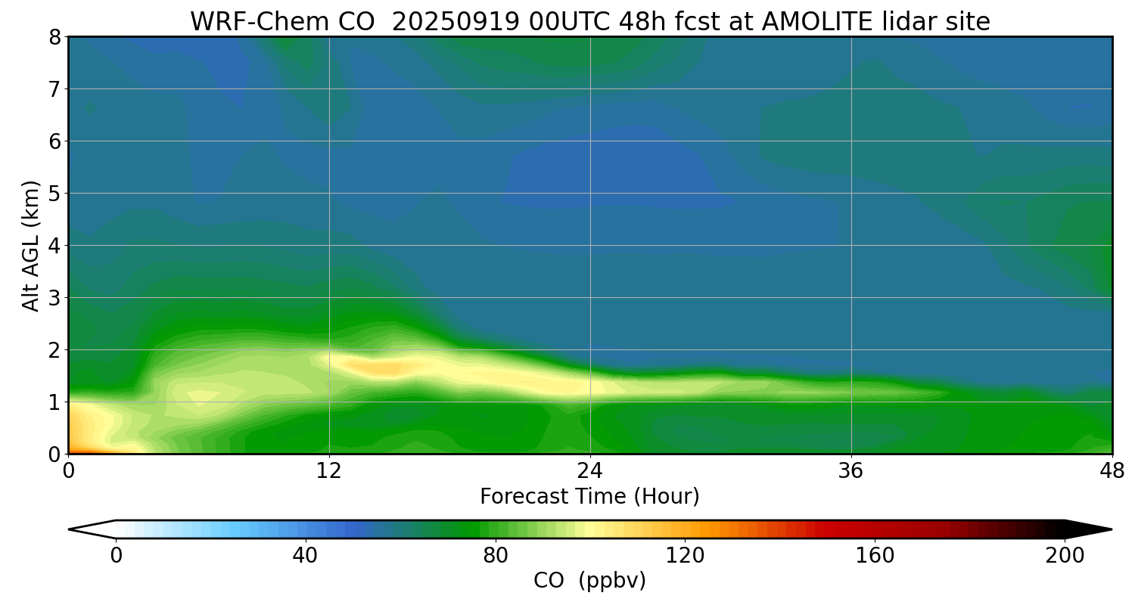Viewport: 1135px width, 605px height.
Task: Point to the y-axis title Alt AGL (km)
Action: tap(31, 245)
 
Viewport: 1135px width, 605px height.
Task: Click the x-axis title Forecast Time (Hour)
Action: tap(589, 497)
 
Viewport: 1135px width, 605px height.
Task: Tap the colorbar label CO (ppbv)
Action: tap(589, 581)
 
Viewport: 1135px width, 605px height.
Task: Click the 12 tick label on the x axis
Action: tap(329, 470)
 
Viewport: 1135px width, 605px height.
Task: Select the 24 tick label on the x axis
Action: tap(590, 470)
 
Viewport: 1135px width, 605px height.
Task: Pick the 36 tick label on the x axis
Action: tap(851, 470)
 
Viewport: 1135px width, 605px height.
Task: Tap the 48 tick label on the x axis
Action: tap(1112, 470)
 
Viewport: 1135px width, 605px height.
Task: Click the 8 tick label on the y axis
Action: tap(54, 37)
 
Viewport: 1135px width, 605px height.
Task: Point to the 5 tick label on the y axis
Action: tap(54, 194)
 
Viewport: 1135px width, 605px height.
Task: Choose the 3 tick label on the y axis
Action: tap(54, 298)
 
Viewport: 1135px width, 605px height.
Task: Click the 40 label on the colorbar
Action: tap(305, 556)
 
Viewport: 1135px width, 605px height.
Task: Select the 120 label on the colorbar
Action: tap(685, 556)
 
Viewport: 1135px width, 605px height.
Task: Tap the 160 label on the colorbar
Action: tap(875, 556)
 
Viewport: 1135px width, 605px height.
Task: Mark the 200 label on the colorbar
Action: tap(1065, 556)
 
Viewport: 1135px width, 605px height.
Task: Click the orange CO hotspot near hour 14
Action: tap(382, 368)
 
